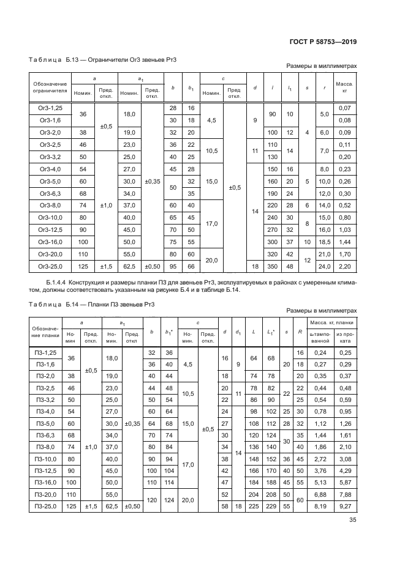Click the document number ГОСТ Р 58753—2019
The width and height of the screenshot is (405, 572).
coord(323,42)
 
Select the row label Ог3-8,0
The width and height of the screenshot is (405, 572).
coord(50,205)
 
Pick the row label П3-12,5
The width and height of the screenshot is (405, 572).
coord(48,470)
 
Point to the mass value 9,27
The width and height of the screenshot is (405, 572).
coord(346,507)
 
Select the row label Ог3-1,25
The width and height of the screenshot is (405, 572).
coord(50,108)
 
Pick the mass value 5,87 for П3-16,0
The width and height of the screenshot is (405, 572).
coord(346,482)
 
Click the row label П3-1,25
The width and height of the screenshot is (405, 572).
coord(48,353)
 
